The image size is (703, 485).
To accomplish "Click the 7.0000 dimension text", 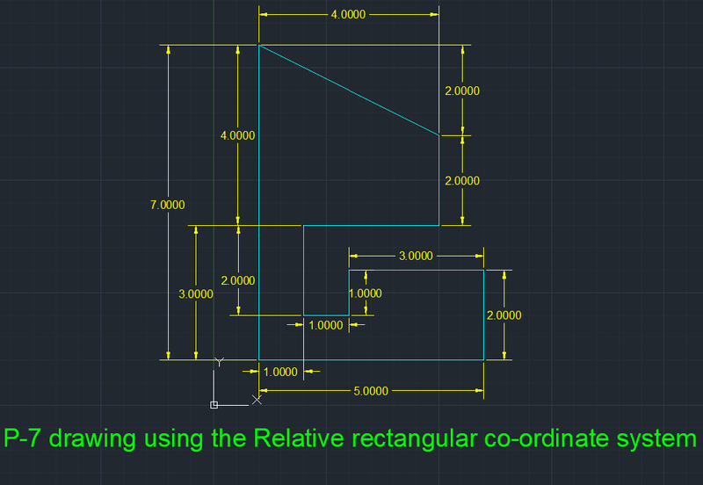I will tap(168, 205).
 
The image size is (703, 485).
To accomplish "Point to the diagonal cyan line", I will tap(349, 90).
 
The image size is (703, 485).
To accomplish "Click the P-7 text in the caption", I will tap(27, 438).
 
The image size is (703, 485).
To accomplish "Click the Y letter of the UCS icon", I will tap(221, 362).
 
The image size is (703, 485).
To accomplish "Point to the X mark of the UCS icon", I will tap(257, 400).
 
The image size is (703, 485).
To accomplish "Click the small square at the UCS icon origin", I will tap(214, 405).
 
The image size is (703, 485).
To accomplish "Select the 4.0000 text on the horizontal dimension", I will tap(348, 15).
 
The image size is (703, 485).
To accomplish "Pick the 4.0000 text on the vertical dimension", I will tap(237, 135).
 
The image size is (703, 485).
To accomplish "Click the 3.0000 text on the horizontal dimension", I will tap(416, 256).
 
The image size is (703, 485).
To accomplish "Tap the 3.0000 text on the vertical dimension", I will tap(195, 294).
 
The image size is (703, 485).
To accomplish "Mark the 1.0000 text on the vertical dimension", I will tap(365, 293).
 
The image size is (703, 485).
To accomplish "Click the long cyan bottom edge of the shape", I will tap(369, 359).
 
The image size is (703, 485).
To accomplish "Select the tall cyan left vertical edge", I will tap(258, 202).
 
